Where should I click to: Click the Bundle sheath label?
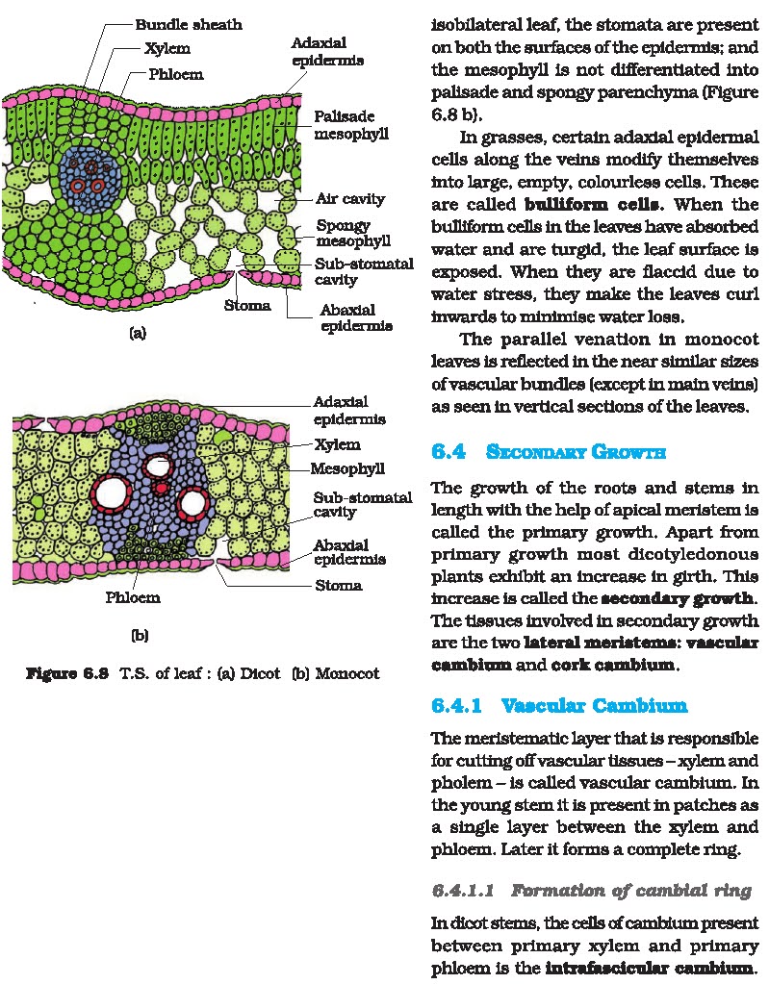pos(188,23)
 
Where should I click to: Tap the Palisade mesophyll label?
pos(350,125)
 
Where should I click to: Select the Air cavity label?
pos(349,199)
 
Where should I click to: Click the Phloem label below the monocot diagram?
pos(133,597)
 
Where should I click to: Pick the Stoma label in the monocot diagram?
pos(339,585)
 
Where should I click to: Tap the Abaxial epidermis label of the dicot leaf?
pos(355,317)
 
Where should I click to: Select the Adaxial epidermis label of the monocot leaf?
pos(349,410)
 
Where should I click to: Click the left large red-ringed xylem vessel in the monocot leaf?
pos(111,493)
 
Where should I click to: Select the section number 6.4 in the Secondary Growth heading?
pos(449,452)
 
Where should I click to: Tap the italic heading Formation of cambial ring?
pos(630,891)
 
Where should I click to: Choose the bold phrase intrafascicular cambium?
pos(652,966)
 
